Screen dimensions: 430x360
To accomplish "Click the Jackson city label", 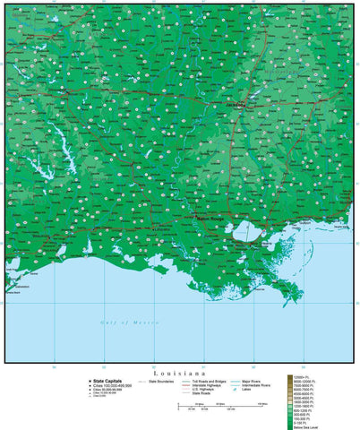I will click(237, 104).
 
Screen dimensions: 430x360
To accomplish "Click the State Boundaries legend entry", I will click(161, 381).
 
